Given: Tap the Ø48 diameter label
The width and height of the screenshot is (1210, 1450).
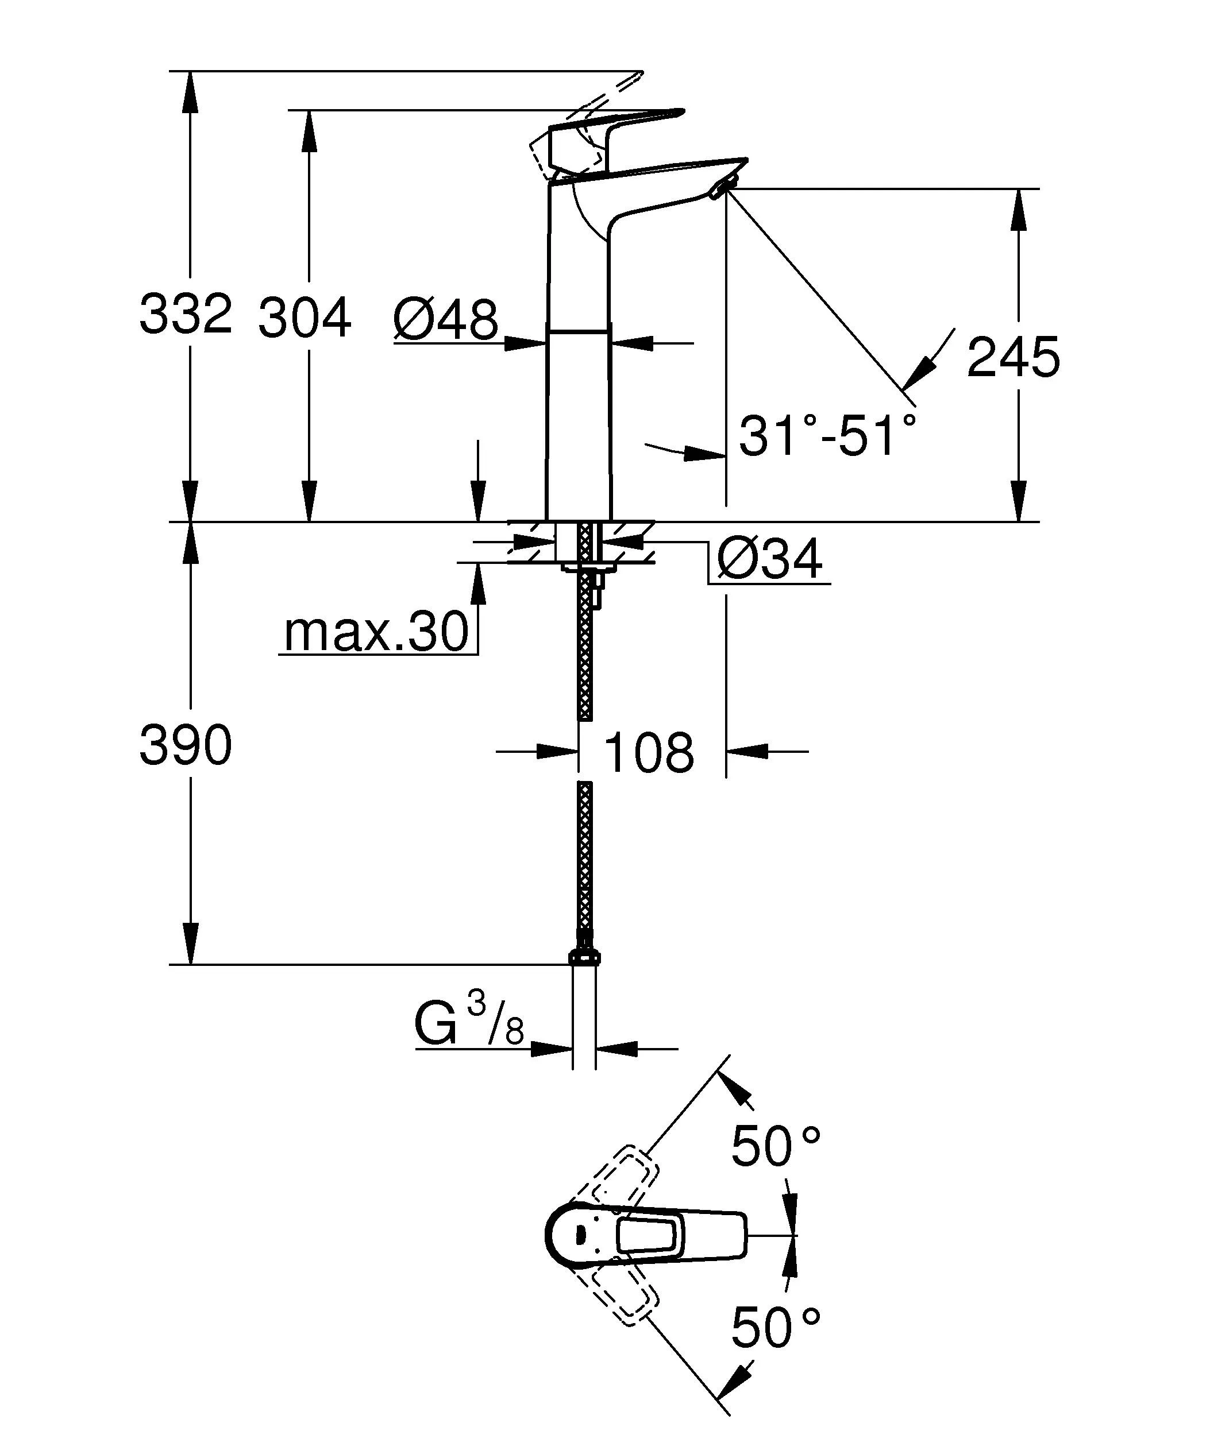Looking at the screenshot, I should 445,320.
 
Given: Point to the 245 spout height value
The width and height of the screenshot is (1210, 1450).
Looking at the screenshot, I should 1012,358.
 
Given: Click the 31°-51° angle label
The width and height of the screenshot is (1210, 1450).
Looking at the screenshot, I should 827,436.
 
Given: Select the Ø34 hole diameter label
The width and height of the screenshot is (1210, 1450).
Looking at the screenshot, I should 770,559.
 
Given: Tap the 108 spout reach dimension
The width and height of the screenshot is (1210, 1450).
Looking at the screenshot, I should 649,753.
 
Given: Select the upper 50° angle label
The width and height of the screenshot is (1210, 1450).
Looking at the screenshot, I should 776,1146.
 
